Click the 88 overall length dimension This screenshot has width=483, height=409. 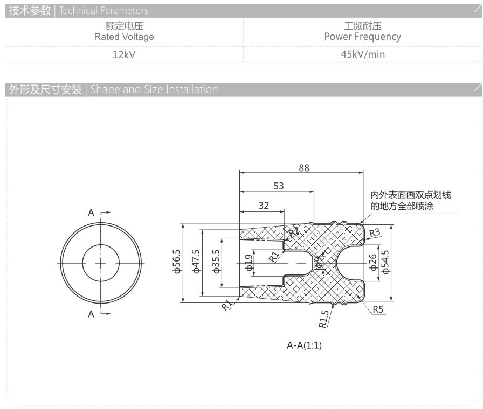[303, 168]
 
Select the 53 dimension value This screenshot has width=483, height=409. [279, 186]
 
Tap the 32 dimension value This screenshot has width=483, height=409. [264, 206]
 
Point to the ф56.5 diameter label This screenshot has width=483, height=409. [177, 262]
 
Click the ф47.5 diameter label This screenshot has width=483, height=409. [196, 262]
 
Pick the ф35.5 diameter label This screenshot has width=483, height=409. [216, 262]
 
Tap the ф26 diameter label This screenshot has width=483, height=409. [372, 262]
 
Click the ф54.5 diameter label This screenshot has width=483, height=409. [385, 262]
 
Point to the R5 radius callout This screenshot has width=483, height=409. [378, 309]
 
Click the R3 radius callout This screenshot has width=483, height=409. [375, 233]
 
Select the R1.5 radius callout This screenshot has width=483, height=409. [323, 319]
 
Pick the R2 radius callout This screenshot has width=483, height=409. [293, 231]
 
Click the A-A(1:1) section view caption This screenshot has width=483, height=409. [305, 345]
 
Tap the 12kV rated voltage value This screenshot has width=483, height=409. [124, 55]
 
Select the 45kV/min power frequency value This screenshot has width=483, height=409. [363, 54]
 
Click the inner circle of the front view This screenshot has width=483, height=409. [101, 245]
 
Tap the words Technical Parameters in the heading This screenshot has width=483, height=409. [104, 11]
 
